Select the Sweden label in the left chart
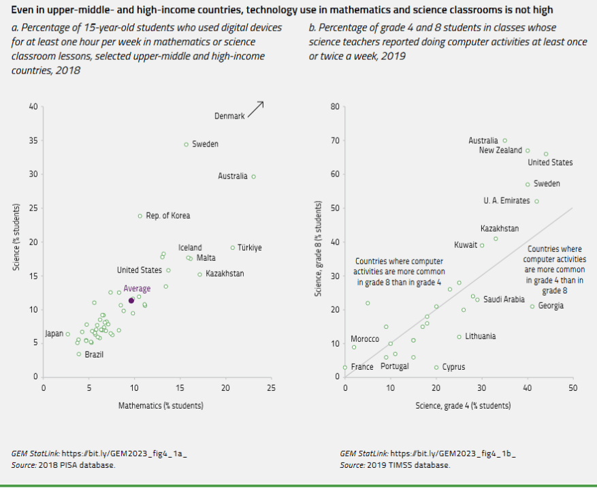tap(205, 144)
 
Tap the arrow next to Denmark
tap(255, 110)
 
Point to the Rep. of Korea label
tap(167, 216)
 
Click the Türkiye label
tap(250, 248)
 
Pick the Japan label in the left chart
tap(54, 334)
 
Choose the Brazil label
tap(94, 355)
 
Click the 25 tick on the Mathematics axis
tap(271, 388)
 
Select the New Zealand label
tap(500, 151)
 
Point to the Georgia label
tap(551, 306)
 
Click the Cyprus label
tap(453, 367)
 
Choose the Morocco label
tap(365, 339)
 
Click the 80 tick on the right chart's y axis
tap(335, 106)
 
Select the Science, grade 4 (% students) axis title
tap(463, 406)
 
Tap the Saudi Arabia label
tap(504, 299)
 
